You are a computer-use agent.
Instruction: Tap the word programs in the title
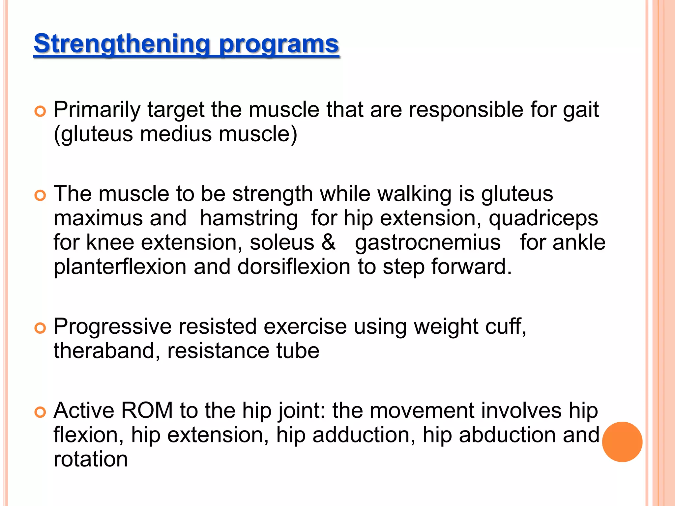[279, 44]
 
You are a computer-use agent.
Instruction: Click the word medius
[176, 134]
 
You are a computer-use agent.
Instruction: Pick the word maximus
[98, 218]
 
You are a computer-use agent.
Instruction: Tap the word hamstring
[249, 218]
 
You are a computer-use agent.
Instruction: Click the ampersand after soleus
[328, 242]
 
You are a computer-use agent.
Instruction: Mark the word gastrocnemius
[427, 243]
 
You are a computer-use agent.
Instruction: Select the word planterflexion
[120, 267]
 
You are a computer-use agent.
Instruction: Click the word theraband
[103, 351]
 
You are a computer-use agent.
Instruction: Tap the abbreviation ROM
[147, 411]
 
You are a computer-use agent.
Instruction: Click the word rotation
[91, 459]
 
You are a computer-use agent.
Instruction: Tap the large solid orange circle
[622, 442]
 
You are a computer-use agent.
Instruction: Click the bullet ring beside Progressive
[40, 328]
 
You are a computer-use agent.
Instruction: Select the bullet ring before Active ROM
[40, 412]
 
